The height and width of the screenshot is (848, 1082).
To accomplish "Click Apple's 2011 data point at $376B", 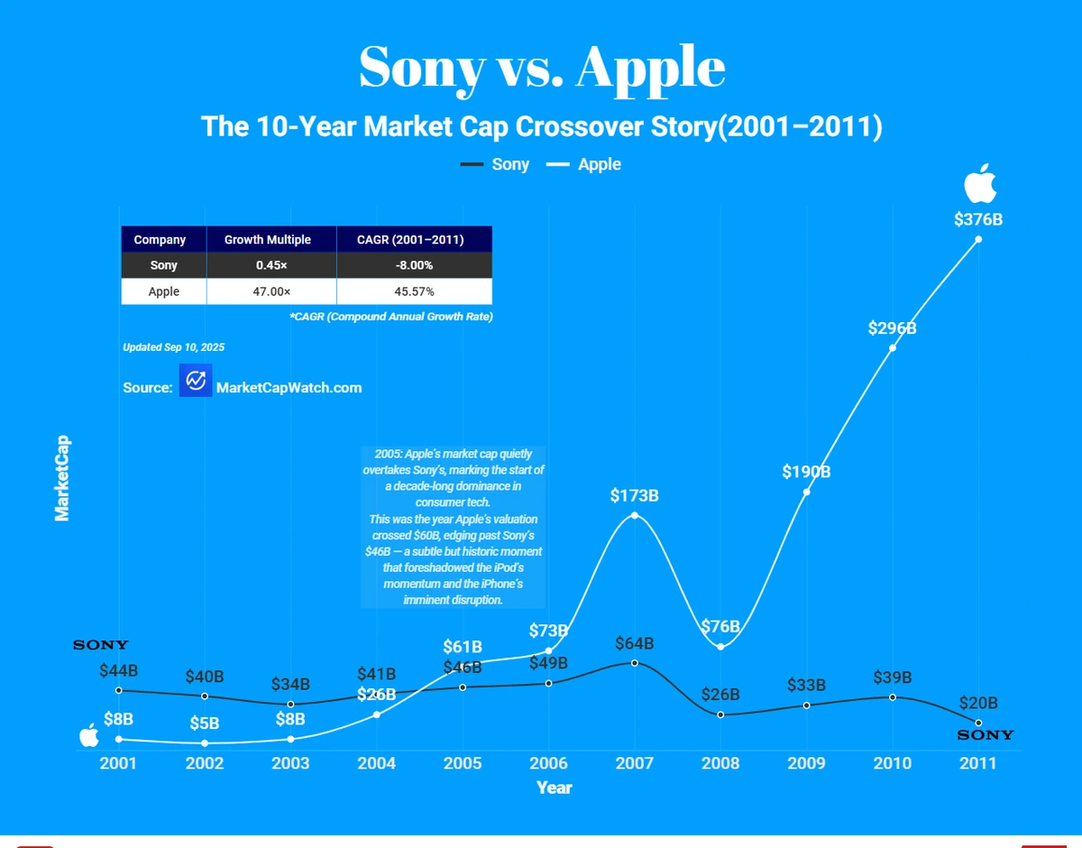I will [978, 239].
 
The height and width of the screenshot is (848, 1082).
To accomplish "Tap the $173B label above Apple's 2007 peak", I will [635, 495].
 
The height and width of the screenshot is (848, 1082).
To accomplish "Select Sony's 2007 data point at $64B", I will [635, 662].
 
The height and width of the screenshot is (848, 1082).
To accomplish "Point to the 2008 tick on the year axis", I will [720, 763].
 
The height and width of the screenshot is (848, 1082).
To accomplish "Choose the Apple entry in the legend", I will [584, 164].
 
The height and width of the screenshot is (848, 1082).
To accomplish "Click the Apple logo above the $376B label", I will [979, 185].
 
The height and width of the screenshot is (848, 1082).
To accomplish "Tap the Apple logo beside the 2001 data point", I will [89, 735].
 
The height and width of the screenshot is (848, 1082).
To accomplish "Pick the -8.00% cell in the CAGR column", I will [414, 265].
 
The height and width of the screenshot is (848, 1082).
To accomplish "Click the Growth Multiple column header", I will [268, 240].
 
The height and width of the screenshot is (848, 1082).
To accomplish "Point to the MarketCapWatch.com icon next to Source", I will [195, 381].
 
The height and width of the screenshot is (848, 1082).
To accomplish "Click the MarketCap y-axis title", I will [62, 479].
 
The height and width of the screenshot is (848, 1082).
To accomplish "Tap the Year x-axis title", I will [554, 788].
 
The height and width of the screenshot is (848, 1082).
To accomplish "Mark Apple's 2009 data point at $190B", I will [806, 492].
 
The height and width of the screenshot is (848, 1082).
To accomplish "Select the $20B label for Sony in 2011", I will [978, 703].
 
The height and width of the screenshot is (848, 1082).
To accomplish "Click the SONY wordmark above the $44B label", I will [101, 645].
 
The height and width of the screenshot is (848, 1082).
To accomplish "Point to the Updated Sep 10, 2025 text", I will [173, 347].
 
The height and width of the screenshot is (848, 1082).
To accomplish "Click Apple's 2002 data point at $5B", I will [205, 742].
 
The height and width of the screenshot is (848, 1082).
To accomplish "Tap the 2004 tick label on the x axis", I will [376, 763].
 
